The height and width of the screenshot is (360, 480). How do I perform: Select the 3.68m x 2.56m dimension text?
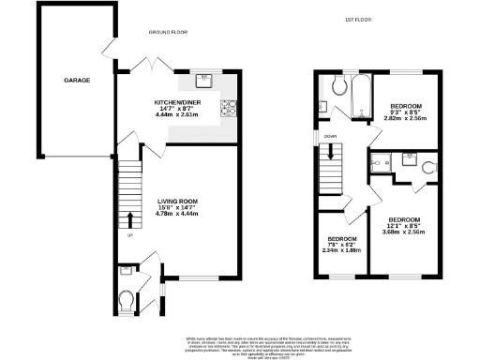pos(404,232)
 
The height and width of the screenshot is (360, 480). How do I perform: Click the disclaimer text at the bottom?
pos(240,344)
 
